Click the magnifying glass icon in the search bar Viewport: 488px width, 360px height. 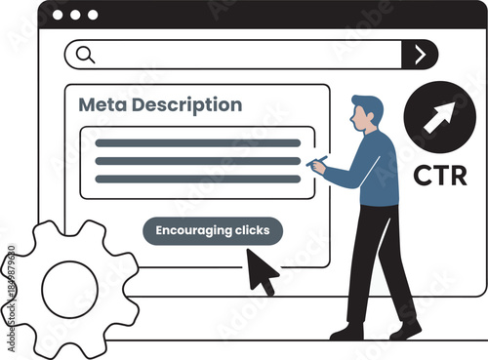point(85,55)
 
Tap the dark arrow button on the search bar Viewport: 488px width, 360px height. point(420,55)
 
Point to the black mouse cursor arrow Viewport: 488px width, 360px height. point(261,270)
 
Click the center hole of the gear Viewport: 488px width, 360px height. point(67,290)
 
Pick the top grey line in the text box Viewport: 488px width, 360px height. point(197,143)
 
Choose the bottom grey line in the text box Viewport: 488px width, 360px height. point(197,179)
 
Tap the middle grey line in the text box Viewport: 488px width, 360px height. point(197,161)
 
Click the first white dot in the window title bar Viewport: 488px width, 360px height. point(57,16)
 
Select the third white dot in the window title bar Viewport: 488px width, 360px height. point(93,16)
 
